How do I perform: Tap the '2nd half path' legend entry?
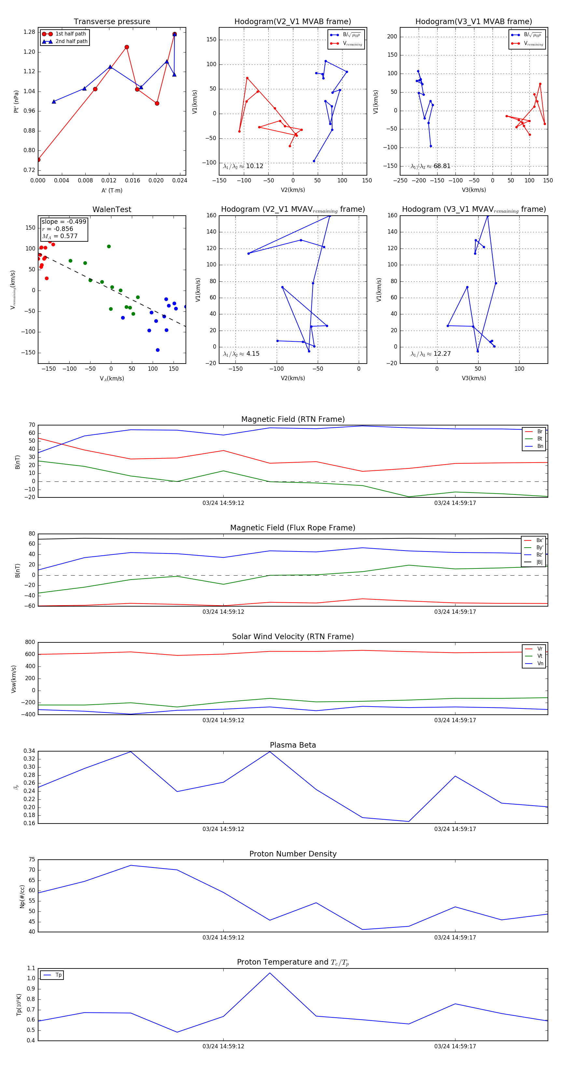[x=71, y=41]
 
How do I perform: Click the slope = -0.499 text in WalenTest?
[x=64, y=222]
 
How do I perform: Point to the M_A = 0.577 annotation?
[x=60, y=236]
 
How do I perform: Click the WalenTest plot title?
[x=112, y=209]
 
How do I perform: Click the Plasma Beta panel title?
[x=293, y=745]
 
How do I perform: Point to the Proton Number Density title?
[x=293, y=854]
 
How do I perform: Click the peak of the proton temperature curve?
[x=270, y=973]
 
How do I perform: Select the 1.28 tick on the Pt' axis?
[x=29, y=32]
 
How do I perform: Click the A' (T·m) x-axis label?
[x=112, y=190]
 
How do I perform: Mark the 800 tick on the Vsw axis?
[x=30, y=642]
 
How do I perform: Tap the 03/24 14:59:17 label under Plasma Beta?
[x=454, y=829]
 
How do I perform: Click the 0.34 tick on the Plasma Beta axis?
[x=29, y=751]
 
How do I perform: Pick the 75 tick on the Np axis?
[x=32, y=860]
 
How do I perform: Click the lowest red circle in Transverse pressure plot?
[x=38, y=159]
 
